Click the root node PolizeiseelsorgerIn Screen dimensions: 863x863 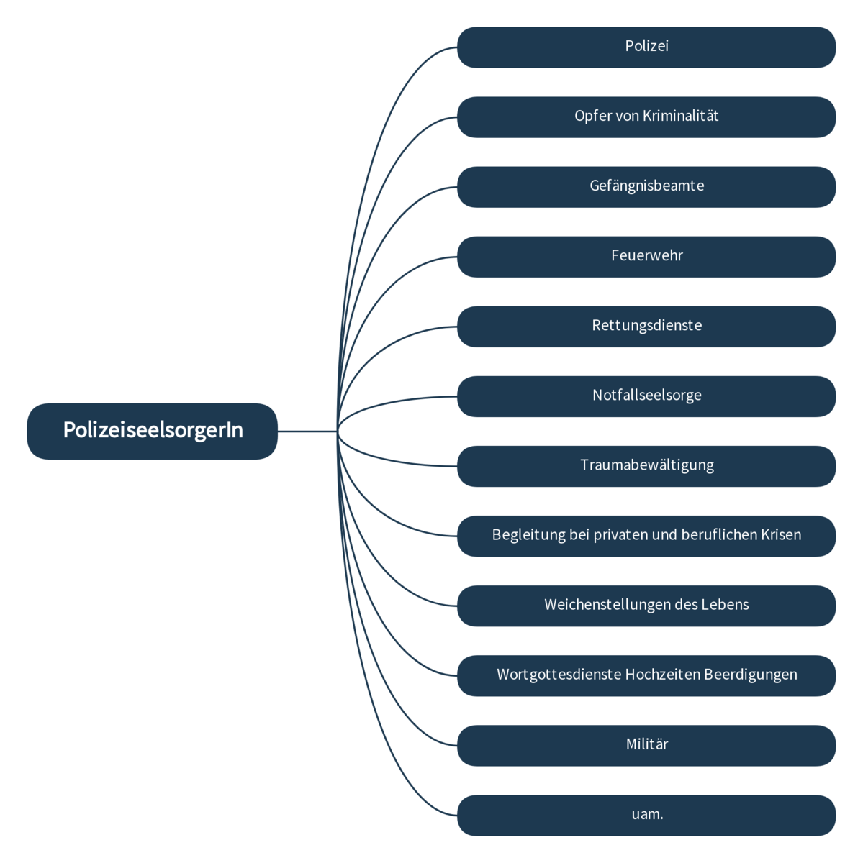point(152,431)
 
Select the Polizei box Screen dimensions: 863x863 point(646,47)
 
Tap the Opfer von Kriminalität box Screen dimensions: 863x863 point(646,117)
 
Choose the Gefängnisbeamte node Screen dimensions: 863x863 point(646,187)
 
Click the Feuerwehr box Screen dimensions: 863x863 point(646,257)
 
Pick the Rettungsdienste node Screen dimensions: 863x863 point(646,327)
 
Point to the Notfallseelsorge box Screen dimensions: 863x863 point(646,396)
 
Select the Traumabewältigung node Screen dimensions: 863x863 point(646,466)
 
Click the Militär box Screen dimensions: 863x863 point(646,745)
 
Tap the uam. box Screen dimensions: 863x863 point(646,815)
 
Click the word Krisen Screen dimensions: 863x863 point(780,535)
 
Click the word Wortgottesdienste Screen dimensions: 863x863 point(559,675)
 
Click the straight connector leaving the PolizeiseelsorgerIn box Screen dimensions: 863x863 point(307,431)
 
